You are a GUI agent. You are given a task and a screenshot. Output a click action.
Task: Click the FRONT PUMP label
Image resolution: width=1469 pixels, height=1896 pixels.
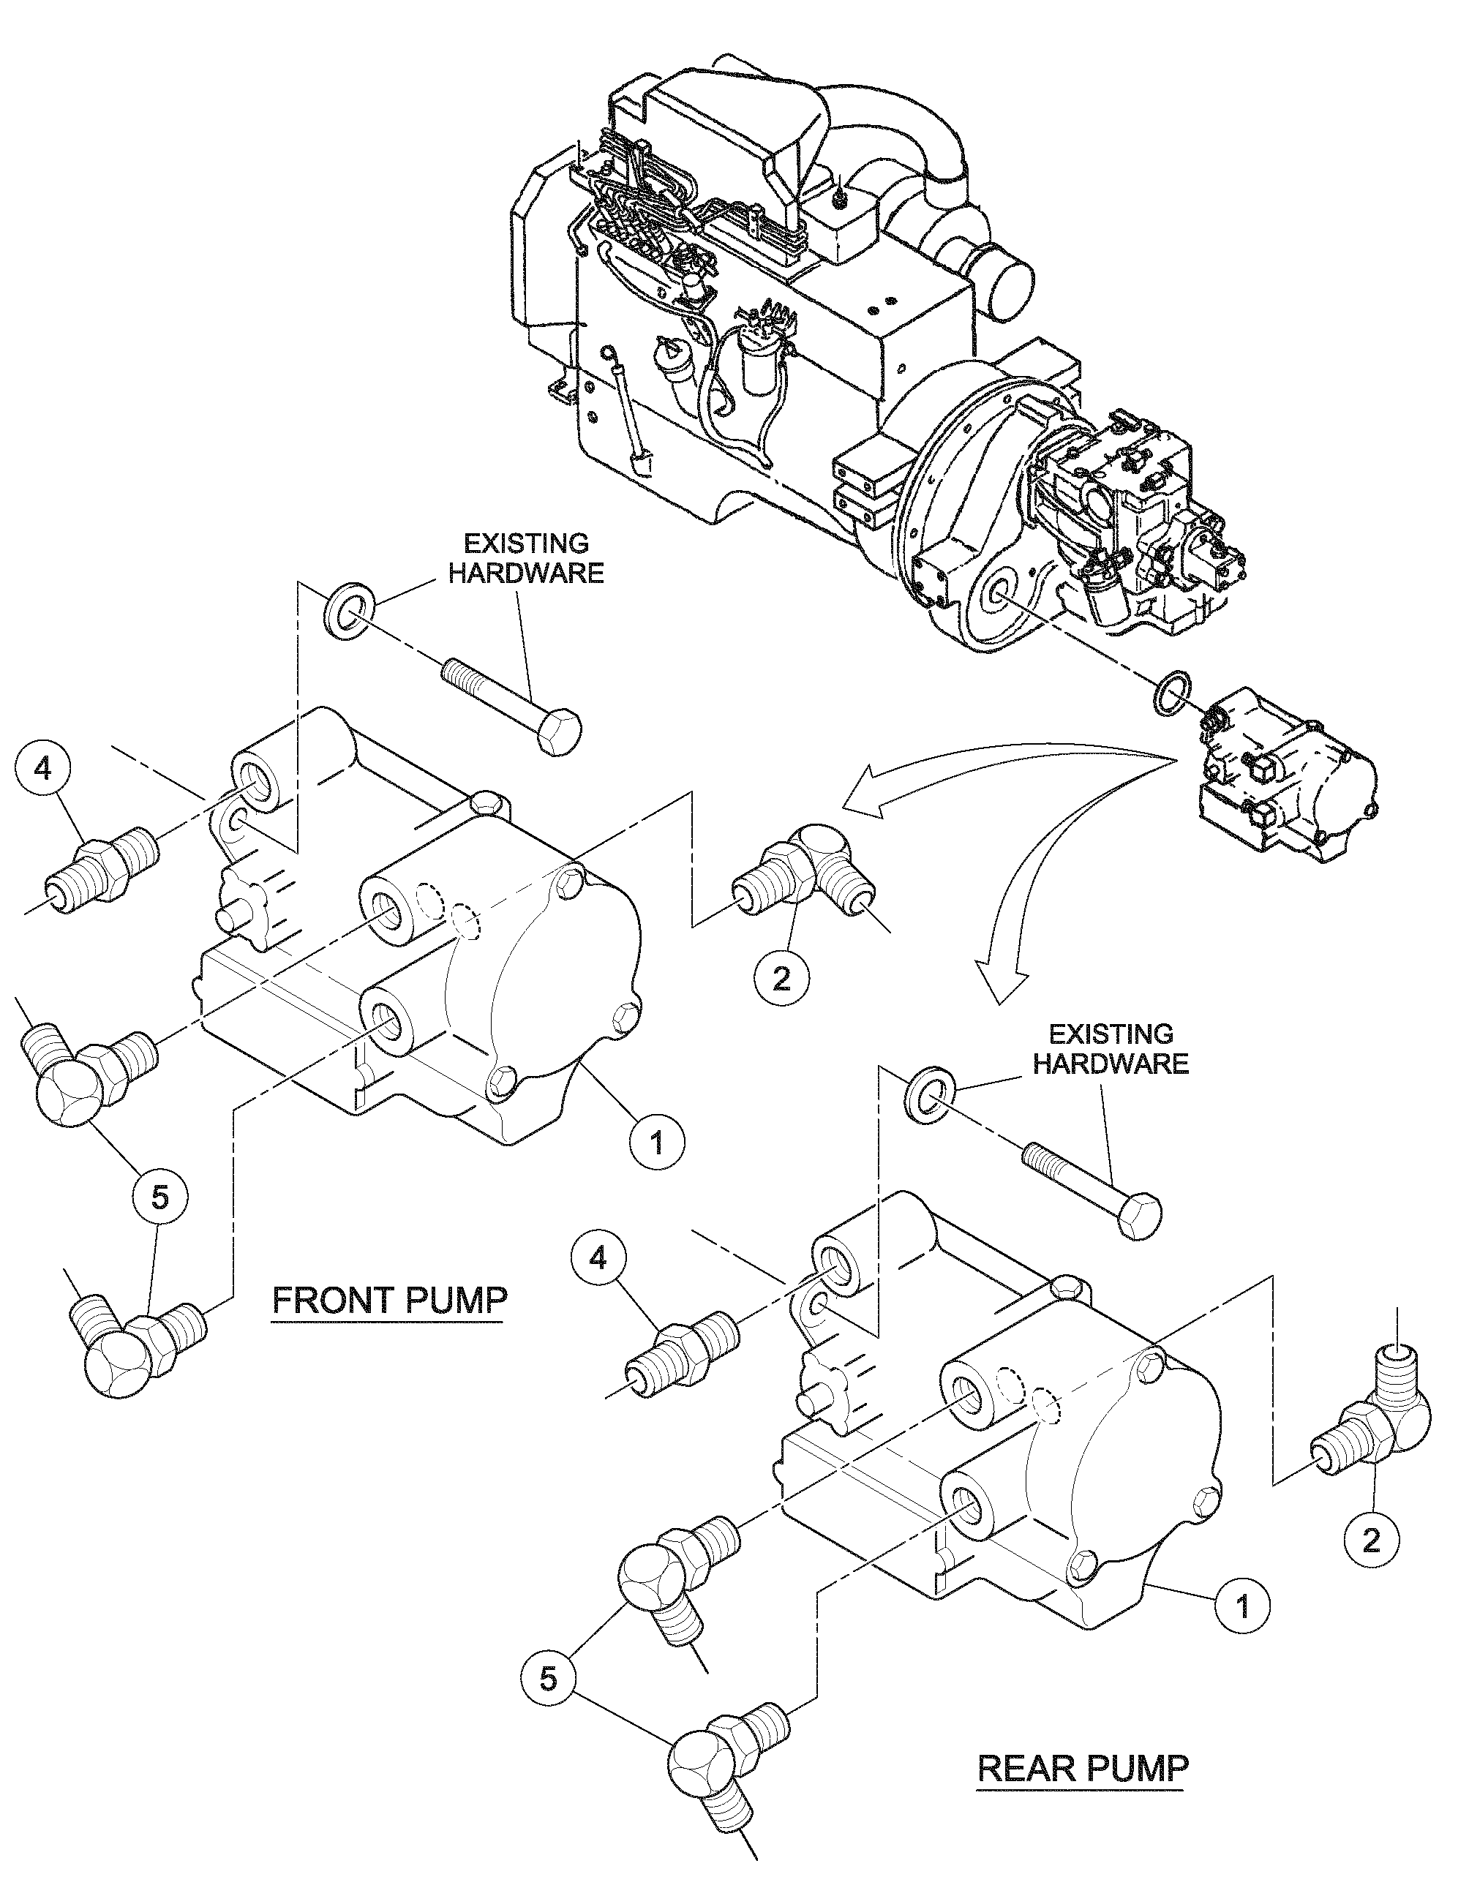[x=389, y=1300]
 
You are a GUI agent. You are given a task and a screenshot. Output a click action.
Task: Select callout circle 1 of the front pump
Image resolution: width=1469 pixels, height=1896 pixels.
[x=656, y=1142]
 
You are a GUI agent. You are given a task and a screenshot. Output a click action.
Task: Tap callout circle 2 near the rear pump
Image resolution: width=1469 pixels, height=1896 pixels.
[x=1371, y=1540]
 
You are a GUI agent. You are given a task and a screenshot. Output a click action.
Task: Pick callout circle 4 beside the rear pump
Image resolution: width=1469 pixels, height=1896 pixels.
[x=600, y=1258]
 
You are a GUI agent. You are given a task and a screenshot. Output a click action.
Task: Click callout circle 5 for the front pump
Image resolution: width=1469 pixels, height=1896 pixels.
[x=159, y=1198]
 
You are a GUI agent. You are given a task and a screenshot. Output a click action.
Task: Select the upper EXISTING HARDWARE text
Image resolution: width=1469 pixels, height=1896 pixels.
[x=526, y=558]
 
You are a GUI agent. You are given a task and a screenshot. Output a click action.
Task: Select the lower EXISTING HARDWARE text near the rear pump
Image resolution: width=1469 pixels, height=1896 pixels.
[x=1111, y=1047]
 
